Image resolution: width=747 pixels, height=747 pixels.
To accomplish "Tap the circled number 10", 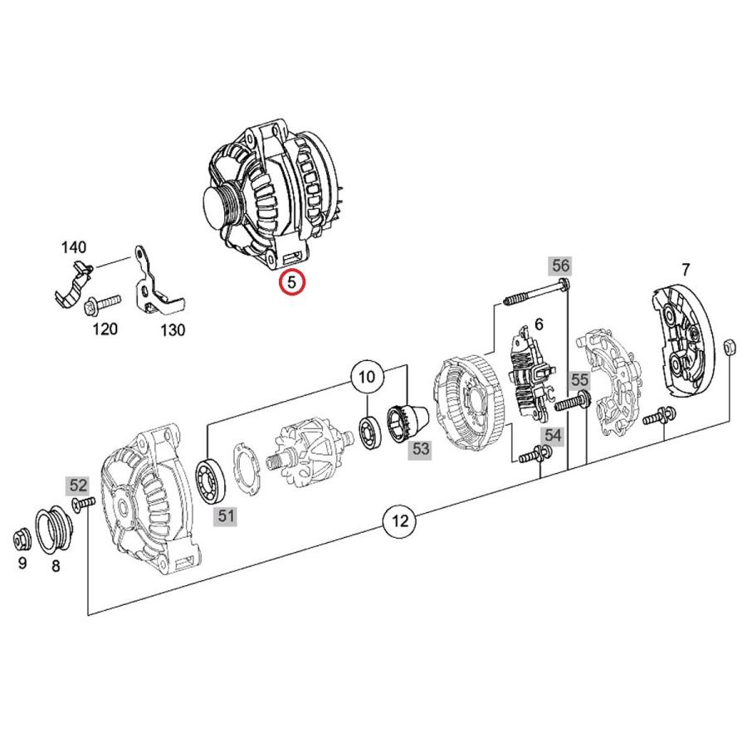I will click(367, 378).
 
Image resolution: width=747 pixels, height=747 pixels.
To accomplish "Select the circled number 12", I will click(401, 521).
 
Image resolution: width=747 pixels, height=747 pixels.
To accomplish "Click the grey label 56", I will click(561, 266).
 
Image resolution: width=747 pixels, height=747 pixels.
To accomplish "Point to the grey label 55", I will click(579, 379).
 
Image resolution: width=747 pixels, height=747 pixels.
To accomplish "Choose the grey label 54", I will click(553, 435).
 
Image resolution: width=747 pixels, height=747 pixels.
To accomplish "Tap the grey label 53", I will click(422, 449).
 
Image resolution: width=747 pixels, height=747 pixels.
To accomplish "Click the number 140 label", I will click(73, 247).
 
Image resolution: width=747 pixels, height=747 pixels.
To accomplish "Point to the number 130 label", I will click(172, 330).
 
